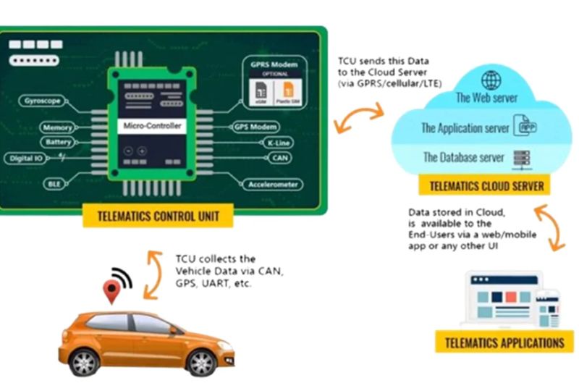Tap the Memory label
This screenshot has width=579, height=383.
57,128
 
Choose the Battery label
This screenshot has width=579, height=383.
58,143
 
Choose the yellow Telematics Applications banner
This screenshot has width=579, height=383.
504,342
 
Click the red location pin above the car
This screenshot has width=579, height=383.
111,291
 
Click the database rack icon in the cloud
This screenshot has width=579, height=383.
517,157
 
